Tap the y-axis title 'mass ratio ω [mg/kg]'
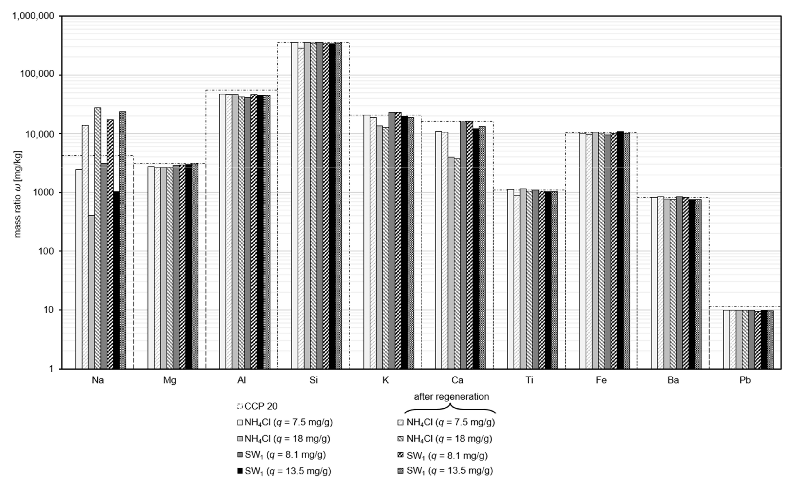pos(18,194)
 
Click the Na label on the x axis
pos(98,380)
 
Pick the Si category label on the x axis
pos(313,380)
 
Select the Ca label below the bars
pos(457,380)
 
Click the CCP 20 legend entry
pos(258,406)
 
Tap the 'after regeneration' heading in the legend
pos(451,397)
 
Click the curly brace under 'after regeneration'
pos(450,410)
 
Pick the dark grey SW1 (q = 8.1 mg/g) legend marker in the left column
pos(240,455)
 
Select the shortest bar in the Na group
pos(91,291)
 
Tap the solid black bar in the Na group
pos(116,280)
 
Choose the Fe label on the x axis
pos(601,380)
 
